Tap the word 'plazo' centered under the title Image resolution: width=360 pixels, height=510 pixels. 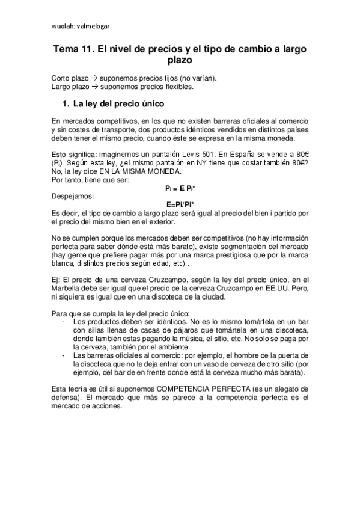[x=180, y=61]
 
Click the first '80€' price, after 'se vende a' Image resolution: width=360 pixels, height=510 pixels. [x=301, y=153]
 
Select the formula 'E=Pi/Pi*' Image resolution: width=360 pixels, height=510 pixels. [x=180, y=203]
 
